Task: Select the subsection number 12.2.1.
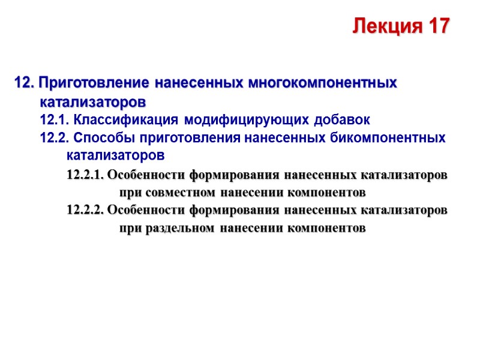(x=85, y=175)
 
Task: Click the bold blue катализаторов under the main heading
(x=93, y=99)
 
